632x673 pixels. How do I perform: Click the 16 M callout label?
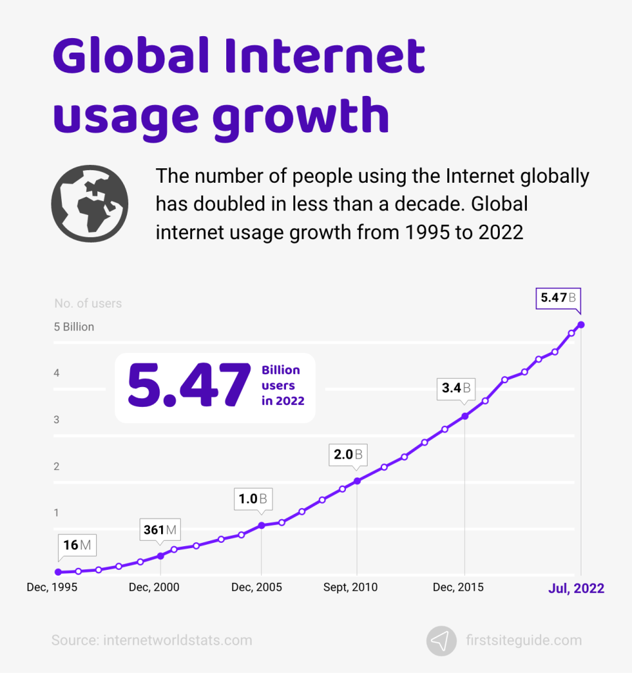[x=77, y=545]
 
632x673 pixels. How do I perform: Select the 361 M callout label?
[x=160, y=530]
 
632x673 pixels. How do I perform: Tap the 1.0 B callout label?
[x=254, y=499]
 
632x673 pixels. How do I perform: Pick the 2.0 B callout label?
[x=347, y=454]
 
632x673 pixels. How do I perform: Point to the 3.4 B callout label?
[x=456, y=388]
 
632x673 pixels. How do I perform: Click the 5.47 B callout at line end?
[x=558, y=298]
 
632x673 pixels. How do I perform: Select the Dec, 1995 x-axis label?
[x=52, y=588]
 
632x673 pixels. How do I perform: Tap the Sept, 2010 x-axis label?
[x=351, y=588]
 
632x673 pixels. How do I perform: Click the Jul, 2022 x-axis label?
[x=576, y=588]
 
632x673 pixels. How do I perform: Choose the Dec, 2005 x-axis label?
[x=256, y=588]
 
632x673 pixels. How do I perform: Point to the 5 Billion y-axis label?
[x=74, y=327]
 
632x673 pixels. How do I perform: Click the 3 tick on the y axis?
[x=57, y=419]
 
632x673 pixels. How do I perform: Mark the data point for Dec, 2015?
[x=465, y=416]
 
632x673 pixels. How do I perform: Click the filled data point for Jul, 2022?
[x=581, y=325]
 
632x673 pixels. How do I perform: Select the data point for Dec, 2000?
[x=160, y=556]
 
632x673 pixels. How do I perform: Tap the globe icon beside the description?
[x=90, y=204]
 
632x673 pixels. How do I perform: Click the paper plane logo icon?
[x=441, y=640]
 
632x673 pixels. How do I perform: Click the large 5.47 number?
[x=189, y=386]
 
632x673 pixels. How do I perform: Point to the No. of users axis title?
[x=87, y=304]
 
